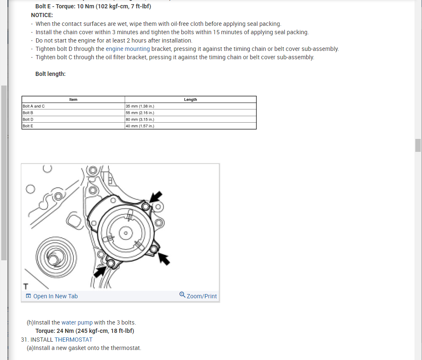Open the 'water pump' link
tap(77, 322)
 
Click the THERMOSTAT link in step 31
tap(73, 340)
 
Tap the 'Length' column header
tap(190, 100)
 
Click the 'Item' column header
tap(73, 100)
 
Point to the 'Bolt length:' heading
tap(50, 74)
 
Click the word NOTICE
tap(42, 15)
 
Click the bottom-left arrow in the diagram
tap(100, 271)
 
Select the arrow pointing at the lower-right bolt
tap(165, 259)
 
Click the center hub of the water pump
tap(126, 233)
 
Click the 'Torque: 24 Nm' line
tap(85, 331)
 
